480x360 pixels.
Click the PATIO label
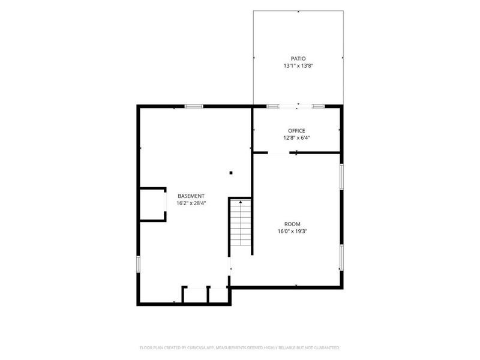[x=298, y=58]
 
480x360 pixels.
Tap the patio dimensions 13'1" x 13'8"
[x=298, y=65]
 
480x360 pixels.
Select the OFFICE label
[x=296, y=131]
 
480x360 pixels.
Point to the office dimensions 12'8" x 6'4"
[x=296, y=138]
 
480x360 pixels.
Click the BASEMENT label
[x=191, y=196]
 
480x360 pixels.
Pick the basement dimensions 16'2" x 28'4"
[x=191, y=203]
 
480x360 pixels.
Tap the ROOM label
[x=292, y=224]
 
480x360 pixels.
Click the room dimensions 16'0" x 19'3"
[x=292, y=231]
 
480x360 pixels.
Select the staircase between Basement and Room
[x=241, y=223]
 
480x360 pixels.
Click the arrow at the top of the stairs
[x=241, y=202]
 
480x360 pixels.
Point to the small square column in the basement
[x=231, y=173]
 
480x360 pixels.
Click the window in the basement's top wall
[x=194, y=107]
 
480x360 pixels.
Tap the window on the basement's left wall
[x=139, y=264]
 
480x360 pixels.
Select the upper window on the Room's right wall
[x=341, y=176]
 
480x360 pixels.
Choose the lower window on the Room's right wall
[x=341, y=257]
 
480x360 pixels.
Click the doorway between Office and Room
[x=278, y=152]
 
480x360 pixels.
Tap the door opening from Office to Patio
[x=295, y=107]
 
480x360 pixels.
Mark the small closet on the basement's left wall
[x=152, y=204]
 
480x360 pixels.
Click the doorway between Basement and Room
[x=229, y=266]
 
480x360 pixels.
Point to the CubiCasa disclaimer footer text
[x=239, y=348]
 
